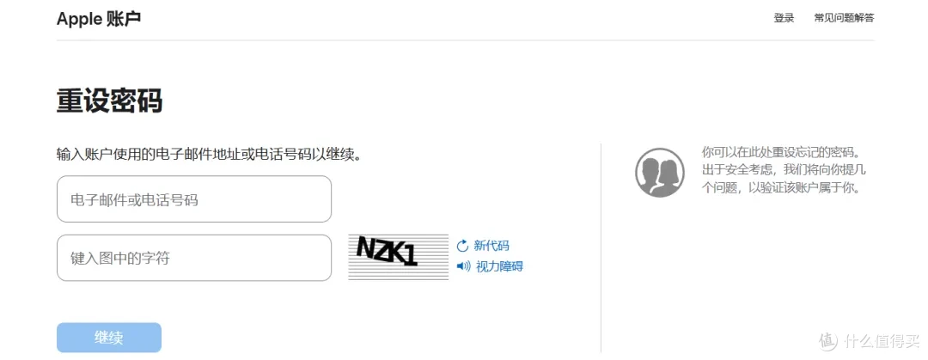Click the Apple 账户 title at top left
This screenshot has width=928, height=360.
tap(99, 18)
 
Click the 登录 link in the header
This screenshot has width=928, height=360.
tap(784, 18)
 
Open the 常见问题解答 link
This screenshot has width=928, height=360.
tap(844, 18)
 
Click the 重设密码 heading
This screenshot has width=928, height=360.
tap(109, 101)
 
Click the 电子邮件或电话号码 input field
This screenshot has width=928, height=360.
tap(194, 199)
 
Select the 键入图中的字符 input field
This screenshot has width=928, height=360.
tap(194, 258)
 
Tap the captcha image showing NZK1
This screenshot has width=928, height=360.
tap(399, 257)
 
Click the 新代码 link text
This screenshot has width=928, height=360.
tap(491, 246)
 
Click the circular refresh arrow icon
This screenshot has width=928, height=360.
tap(463, 246)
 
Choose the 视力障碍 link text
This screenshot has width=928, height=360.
tap(499, 266)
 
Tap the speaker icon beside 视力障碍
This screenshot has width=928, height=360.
tap(464, 266)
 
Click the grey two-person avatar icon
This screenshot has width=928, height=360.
tap(660, 173)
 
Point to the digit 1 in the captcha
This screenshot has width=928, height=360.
tap(412, 256)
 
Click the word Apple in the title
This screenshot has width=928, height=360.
tap(79, 19)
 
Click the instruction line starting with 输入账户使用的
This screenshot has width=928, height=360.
tap(209, 156)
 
